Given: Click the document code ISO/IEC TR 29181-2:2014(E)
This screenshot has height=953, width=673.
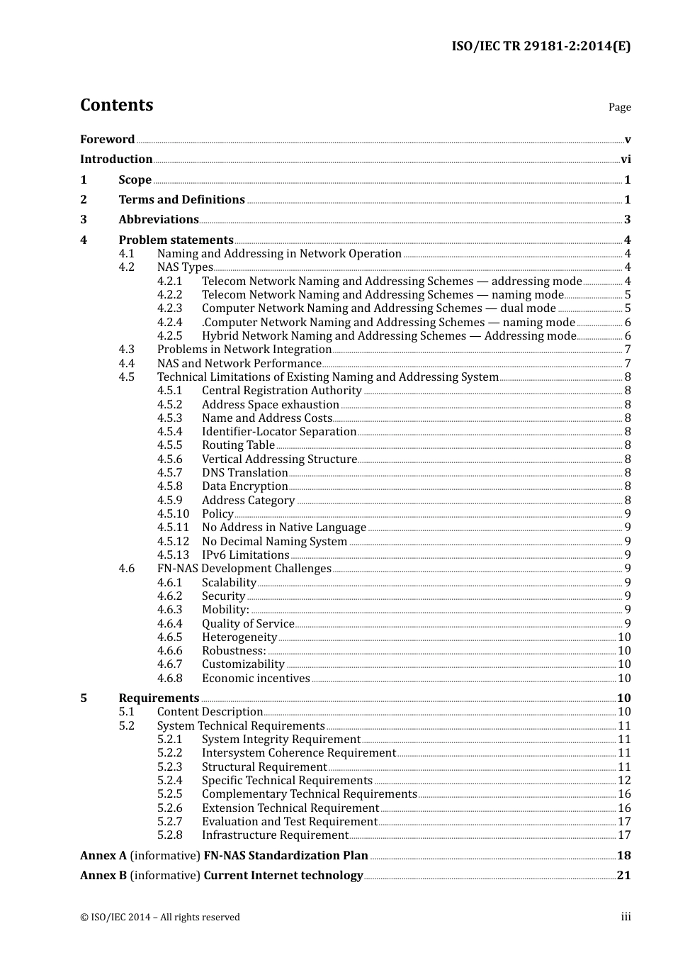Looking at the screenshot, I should pos(541,46).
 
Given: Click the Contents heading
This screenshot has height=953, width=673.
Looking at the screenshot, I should pos(116,105).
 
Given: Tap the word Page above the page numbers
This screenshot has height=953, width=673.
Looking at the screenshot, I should pos(619,107).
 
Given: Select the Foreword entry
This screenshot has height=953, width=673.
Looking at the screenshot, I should pos(107,139).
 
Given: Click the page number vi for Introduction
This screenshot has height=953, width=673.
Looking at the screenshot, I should pos(626,160).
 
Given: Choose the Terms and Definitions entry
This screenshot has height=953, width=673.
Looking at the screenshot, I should pos(181,200).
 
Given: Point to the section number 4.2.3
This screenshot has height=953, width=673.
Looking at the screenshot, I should pos(169,308).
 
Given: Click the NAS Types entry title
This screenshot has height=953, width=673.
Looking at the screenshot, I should pos(185,267).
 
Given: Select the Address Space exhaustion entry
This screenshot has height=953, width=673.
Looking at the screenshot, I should pos(270,405).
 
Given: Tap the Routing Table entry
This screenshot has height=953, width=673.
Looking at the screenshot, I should pos(238,445).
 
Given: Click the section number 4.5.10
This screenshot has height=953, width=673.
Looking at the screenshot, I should pos(173,514).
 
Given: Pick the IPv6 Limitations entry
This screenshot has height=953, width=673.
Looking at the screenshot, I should pos(245,555).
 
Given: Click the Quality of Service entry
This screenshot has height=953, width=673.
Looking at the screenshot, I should pos(248,624).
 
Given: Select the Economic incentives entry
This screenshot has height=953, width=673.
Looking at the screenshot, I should pos(256,679).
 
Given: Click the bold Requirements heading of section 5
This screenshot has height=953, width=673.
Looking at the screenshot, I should pos(159,698).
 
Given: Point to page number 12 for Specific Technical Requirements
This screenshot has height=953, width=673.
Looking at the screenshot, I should pos(624,781).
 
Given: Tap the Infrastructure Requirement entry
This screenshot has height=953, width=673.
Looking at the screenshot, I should pos(275,835).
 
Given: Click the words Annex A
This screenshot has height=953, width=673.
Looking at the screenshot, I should pos(103,856).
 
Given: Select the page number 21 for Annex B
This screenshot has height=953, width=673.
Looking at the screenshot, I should pos(623,876).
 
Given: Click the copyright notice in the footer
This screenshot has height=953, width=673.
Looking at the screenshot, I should pos(160,918).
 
